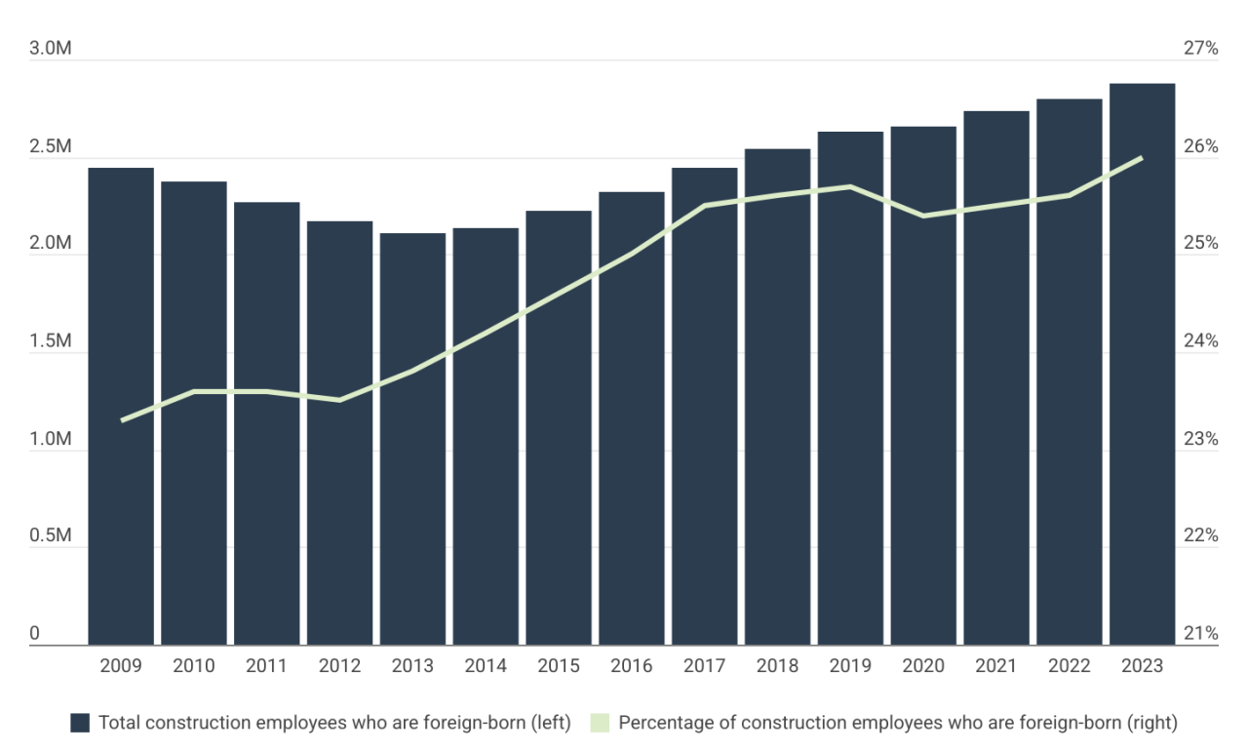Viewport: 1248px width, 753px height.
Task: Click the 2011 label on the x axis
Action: tap(266, 666)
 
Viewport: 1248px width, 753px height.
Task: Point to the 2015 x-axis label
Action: tap(559, 666)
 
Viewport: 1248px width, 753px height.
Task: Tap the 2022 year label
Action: tap(1069, 666)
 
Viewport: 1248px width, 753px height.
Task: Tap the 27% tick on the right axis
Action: tap(1200, 49)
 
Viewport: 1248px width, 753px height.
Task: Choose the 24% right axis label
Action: tap(1200, 341)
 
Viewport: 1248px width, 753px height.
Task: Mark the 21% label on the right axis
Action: tap(1200, 634)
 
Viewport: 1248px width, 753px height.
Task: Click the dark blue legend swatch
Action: tap(80, 723)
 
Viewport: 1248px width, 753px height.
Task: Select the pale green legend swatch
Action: tap(599, 723)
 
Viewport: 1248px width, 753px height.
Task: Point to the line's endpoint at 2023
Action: tap(1142, 157)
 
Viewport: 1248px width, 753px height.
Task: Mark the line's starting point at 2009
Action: tap(121, 420)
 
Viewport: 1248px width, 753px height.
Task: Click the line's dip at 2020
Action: tap(923, 216)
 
